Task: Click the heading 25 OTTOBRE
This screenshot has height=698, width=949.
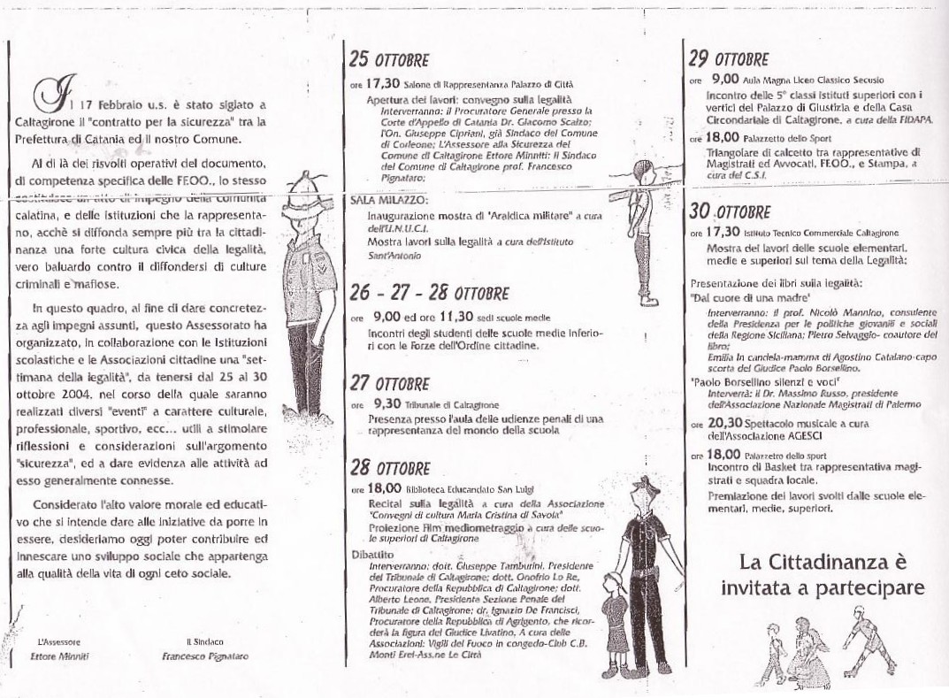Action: tap(388, 60)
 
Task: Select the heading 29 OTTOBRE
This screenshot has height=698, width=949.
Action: tap(729, 59)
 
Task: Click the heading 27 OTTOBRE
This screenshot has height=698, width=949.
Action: tap(389, 384)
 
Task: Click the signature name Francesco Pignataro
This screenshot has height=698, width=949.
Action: tap(205, 656)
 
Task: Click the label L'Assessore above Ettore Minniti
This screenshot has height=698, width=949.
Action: tap(59, 641)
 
